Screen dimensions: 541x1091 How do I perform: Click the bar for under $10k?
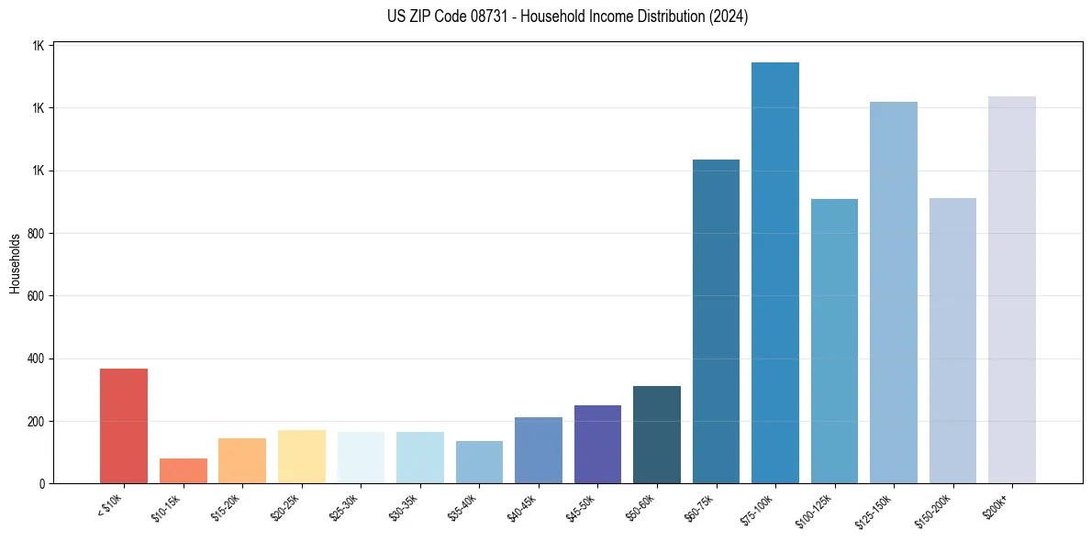pos(124,425)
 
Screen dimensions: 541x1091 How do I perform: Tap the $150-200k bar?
pos(952,340)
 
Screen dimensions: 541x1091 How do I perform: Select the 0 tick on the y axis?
pos(41,484)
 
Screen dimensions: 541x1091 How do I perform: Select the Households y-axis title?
pos(15,263)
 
